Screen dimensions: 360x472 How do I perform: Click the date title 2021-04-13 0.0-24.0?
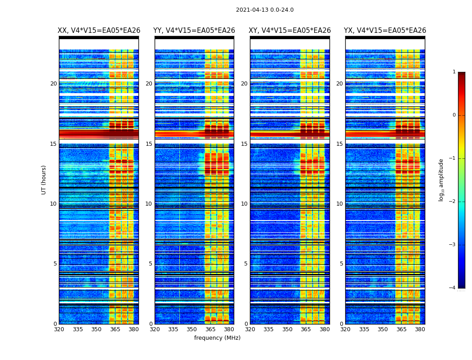(x=265, y=10)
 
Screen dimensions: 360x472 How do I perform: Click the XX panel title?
(x=99, y=31)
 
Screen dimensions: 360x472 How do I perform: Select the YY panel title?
(x=194, y=31)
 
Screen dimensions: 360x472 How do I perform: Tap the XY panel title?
(x=290, y=31)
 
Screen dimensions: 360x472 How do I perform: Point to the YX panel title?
(x=385, y=31)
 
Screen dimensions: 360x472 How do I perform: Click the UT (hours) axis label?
(x=44, y=180)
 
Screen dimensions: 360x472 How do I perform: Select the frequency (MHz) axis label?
(x=217, y=338)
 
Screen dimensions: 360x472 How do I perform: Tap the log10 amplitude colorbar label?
(x=441, y=180)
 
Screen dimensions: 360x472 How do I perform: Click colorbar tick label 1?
(x=454, y=72)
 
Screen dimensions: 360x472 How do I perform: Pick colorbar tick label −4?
(x=453, y=288)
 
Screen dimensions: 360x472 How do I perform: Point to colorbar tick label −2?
(x=453, y=202)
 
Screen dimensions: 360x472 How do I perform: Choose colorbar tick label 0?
(x=454, y=115)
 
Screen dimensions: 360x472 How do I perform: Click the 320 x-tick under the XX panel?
(x=59, y=329)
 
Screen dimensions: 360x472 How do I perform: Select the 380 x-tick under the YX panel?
(x=420, y=329)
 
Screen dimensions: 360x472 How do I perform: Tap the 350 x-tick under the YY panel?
(x=192, y=329)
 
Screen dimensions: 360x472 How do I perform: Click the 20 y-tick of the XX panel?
(x=53, y=84)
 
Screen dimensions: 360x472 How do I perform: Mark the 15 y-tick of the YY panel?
(x=149, y=144)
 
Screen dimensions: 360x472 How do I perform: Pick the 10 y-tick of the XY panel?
(x=244, y=204)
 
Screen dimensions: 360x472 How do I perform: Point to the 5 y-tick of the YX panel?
(x=341, y=264)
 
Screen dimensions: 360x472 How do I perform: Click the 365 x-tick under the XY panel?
(x=306, y=329)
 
